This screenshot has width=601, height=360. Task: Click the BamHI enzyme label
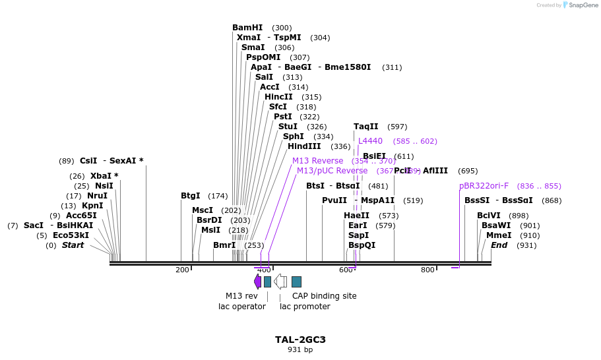(247, 28)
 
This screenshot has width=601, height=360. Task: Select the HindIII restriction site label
(304, 146)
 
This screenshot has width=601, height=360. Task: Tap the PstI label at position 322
(283, 117)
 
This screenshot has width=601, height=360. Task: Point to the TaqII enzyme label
(366, 127)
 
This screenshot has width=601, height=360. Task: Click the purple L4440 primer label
(370, 141)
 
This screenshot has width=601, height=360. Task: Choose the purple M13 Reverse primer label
(317, 161)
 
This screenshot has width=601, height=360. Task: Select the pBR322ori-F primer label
(484, 186)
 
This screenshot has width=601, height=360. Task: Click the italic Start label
(73, 245)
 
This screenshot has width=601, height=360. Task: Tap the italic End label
(499, 245)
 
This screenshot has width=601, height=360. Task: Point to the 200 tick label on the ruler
(182, 270)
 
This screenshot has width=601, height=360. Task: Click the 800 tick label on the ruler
(427, 270)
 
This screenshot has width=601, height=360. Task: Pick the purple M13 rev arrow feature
(257, 282)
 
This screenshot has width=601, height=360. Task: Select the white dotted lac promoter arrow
(280, 282)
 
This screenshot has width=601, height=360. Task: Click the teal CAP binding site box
(296, 282)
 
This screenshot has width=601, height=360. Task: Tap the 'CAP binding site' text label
(324, 296)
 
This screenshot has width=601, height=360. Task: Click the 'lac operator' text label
(242, 306)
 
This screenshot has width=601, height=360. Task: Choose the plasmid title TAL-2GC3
(300, 340)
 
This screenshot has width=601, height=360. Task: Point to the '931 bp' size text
(300, 349)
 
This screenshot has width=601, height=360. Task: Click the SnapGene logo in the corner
(579, 5)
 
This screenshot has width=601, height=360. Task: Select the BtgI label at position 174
(191, 196)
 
